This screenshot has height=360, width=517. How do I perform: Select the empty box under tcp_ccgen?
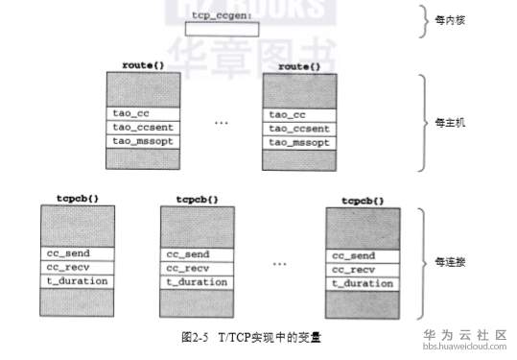click(x=223, y=31)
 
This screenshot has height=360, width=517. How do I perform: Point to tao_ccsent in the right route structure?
click(x=299, y=128)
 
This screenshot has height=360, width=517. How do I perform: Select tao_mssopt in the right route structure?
click(x=299, y=141)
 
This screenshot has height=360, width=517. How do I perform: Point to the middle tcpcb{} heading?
click(x=197, y=200)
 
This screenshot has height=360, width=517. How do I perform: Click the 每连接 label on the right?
click(x=450, y=261)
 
